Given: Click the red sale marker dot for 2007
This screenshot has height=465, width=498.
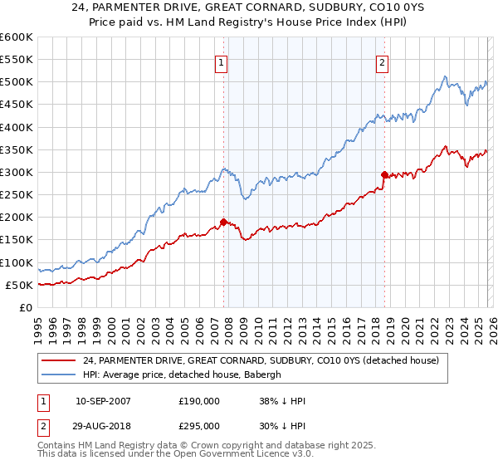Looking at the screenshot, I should click(x=223, y=222).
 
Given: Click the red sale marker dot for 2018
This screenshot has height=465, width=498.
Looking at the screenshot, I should click(x=384, y=174).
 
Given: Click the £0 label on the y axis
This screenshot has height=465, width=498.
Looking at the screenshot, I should click(x=24, y=308).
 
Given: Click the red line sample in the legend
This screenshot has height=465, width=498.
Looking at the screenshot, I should click(x=59, y=360).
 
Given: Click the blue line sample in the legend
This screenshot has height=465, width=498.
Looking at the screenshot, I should click(x=59, y=374).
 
